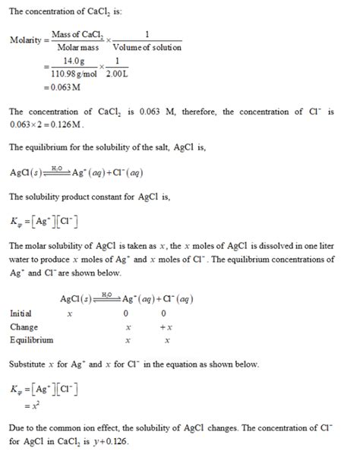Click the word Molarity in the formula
(27, 40)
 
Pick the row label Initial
(21, 313)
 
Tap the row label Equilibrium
(32, 339)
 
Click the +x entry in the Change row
(165, 326)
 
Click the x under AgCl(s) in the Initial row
(70, 313)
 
